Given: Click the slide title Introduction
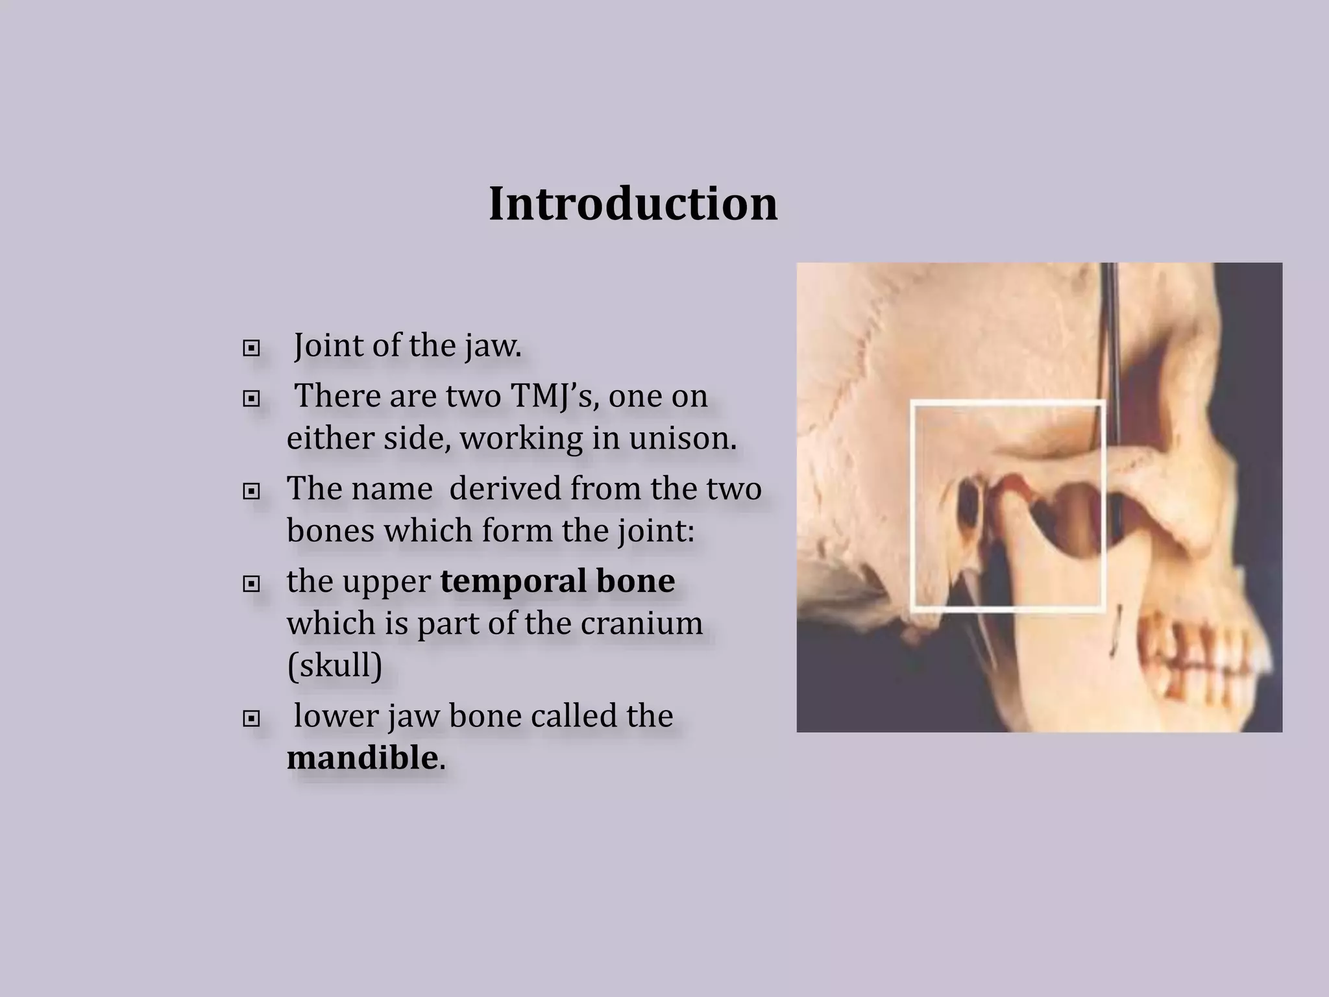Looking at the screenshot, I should point(633,204).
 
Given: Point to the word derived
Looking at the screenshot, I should point(504,488).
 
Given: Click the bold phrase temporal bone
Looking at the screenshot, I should point(557,581).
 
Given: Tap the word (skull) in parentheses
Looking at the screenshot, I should point(334,665).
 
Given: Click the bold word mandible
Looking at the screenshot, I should point(362,758).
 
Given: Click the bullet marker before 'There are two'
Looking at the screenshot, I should point(250,399).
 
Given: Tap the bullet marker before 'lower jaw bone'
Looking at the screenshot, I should point(250,719).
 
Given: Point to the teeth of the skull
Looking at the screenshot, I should point(1194,656).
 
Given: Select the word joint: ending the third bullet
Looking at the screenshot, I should point(652,531).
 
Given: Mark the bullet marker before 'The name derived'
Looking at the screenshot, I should point(250,492).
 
